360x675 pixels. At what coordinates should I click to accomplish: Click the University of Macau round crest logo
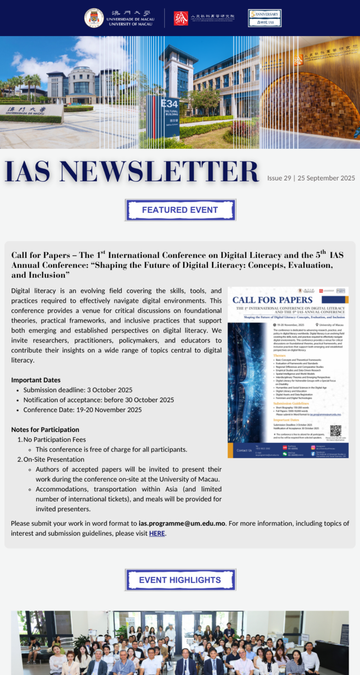94,18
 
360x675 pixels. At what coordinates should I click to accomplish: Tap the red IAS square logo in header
181,18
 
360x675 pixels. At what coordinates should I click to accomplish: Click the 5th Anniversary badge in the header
264,18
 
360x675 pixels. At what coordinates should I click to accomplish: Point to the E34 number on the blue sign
170,104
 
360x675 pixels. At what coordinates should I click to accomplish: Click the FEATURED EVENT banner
180,210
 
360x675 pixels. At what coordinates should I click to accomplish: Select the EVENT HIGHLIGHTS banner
180,580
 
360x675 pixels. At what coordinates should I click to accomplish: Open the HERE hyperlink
157,533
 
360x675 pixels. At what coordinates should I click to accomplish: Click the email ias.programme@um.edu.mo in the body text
182,524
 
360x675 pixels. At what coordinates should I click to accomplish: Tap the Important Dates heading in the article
36,380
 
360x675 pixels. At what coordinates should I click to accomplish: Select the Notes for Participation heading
45,430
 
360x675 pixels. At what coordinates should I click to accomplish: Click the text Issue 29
279,178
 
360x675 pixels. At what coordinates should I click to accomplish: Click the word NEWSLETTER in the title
159,171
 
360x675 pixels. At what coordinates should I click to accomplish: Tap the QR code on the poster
335,431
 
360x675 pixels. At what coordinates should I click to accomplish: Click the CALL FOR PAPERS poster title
272,300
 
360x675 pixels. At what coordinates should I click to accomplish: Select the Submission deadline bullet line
78,390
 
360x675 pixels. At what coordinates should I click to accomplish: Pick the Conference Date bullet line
82,410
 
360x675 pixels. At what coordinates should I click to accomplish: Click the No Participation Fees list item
54,439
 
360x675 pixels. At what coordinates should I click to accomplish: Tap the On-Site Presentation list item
54,459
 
